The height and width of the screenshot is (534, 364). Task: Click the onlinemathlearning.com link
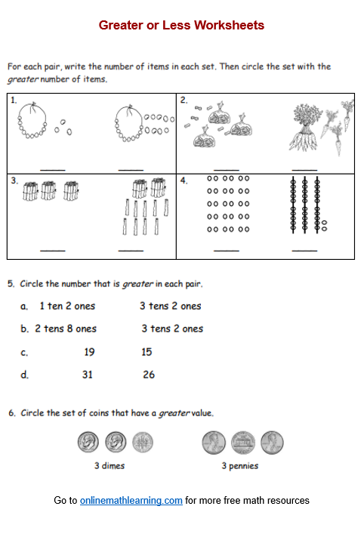tap(131, 500)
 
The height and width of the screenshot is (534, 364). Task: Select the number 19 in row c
tap(89, 352)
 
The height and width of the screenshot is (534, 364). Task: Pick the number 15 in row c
tap(147, 352)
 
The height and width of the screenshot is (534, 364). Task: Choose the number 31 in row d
tap(87, 375)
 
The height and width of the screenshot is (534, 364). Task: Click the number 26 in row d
tap(149, 375)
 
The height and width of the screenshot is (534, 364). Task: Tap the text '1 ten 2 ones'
tap(67, 306)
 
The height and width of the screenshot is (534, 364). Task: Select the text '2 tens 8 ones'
tap(66, 329)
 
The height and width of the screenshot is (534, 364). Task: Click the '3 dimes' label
tap(110, 465)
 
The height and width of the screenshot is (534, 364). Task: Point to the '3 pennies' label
tap(240, 466)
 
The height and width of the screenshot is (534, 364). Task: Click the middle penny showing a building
tap(242, 443)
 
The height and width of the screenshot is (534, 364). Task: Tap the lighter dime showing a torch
tap(142, 443)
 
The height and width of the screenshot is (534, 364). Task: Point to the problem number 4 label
tap(184, 181)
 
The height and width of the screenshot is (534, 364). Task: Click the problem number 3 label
tap(14, 181)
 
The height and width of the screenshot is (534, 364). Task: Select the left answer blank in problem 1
tap(53, 169)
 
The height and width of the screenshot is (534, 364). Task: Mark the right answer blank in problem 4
tap(304, 251)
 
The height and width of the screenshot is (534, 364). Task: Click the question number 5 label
tap(11, 284)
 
